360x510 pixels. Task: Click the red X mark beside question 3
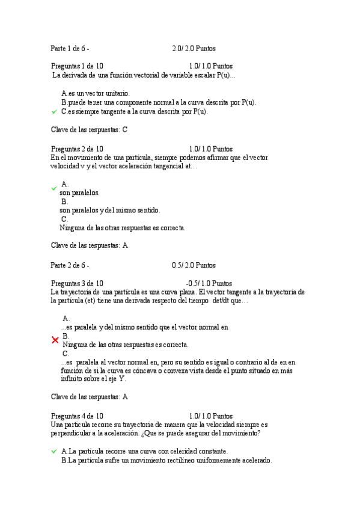[x=55, y=340]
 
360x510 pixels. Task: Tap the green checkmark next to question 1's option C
[x=54, y=112]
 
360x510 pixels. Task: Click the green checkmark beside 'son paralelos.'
[x=54, y=188]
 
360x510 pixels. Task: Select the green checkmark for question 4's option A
[x=54, y=451]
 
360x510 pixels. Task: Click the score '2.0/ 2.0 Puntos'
[x=194, y=48]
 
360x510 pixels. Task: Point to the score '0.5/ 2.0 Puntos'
[x=194, y=265]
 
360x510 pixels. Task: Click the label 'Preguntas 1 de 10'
[x=77, y=66]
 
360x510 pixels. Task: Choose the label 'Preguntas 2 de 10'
[x=77, y=149]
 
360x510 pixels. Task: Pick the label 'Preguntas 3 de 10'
[x=77, y=283]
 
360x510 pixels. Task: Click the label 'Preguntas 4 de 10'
[x=77, y=416]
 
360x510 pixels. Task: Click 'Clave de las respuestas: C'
[x=89, y=129]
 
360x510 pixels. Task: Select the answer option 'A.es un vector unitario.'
[x=95, y=93]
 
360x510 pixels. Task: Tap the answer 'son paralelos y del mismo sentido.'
[x=109, y=210]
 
